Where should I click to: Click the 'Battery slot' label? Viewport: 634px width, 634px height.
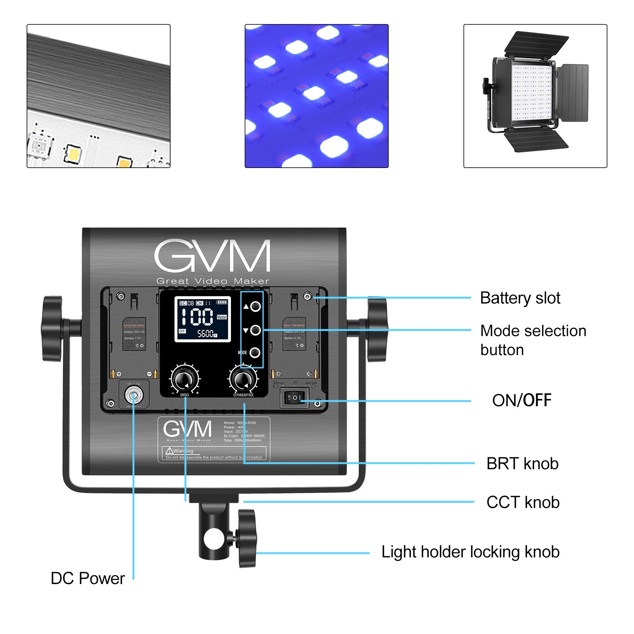[x=520, y=298]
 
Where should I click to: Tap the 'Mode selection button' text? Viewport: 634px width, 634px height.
[x=533, y=340]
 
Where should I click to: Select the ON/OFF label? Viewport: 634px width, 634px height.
[x=521, y=400]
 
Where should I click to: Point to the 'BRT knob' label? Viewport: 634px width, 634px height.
[x=522, y=463]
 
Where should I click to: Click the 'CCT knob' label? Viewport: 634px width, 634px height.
[x=523, y=502]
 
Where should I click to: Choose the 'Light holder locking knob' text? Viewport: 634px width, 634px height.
[x=470, y=552]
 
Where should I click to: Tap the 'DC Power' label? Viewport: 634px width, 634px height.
[x=88, y=578]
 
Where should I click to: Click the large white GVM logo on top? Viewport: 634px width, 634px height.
[x=212, y=256]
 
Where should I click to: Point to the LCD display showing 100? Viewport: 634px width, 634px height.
[x=203, y=319]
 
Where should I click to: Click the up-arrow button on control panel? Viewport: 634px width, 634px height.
[x=256, y=306]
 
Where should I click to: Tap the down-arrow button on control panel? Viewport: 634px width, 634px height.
[x=256, y=330]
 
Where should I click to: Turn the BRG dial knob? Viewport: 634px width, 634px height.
[x=185, y=379]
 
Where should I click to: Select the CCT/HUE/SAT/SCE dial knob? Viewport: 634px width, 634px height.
[x=243, y=379]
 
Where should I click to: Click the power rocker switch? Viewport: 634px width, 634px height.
[x=294, y=397]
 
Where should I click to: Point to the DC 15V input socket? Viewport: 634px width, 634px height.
[x=134, y=395]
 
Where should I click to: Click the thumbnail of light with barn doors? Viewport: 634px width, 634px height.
[x=535, y=96]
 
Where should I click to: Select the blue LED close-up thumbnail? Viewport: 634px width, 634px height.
[x=316, y=96]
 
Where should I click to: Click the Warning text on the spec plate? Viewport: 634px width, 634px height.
[x=183, y=451]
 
